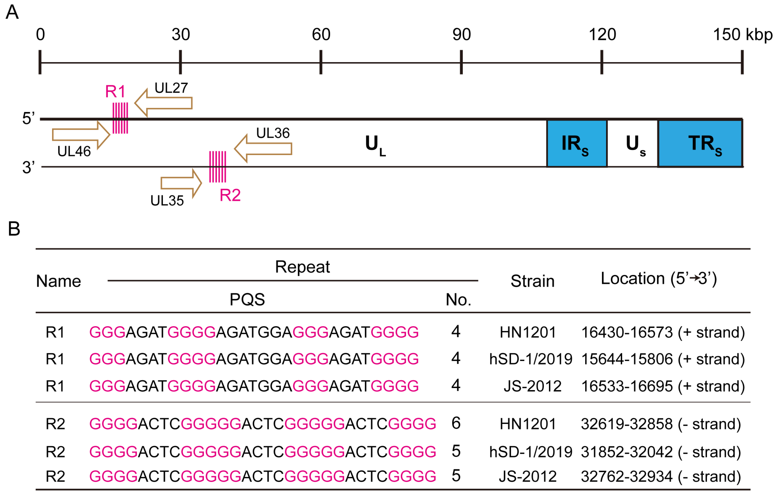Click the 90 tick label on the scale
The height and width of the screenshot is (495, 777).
click(461, 34)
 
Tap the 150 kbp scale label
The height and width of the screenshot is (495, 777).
click(742, 34)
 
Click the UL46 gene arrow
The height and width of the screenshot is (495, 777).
click(81, 135)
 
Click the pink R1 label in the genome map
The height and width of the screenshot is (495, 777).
click(115, 92)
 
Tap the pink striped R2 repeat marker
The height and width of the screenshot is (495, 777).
click(217, 167)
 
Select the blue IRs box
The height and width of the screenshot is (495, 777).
click(577, 143)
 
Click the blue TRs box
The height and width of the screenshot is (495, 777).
click(700, 143)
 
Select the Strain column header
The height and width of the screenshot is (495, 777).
click(532, 281)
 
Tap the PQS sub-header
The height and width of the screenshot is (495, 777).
click(247, 300)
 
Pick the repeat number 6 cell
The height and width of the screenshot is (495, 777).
click(456, 423)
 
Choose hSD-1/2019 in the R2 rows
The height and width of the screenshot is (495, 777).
click(530, 452)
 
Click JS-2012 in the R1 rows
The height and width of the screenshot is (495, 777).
click(532, 386)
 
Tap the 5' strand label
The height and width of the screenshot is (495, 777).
click(28, 118)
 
